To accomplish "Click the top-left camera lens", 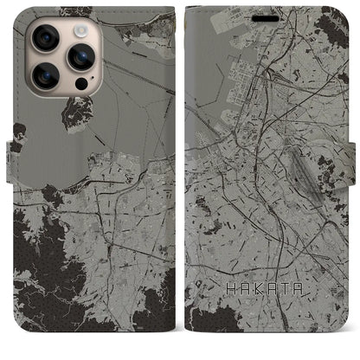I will [45, 38].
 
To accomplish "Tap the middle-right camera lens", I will [81, 56].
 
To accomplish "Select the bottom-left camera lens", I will [45, 76].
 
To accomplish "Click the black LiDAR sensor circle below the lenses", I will [80, 85].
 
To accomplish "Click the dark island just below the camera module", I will [78, 112].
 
